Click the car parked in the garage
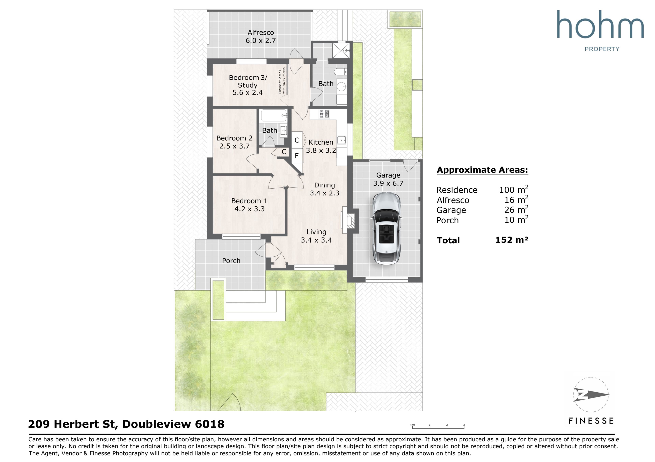(386, 228)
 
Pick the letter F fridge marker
(297, 156)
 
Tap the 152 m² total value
(512, 240)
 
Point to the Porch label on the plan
(231, 261)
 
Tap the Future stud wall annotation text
(282, 81)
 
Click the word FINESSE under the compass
(591, 421)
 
